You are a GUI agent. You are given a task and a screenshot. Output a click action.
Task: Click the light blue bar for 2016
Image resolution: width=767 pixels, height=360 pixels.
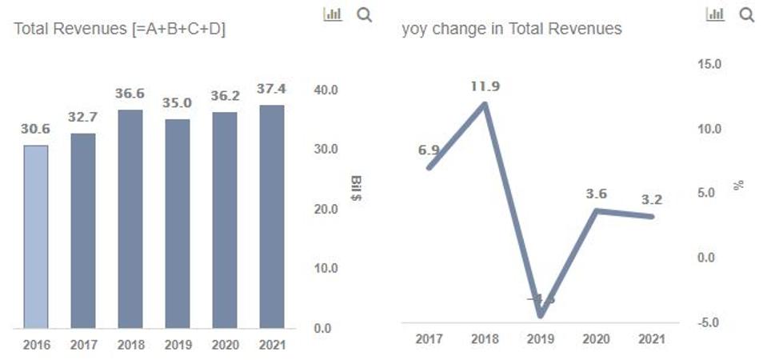(x=36, y=236)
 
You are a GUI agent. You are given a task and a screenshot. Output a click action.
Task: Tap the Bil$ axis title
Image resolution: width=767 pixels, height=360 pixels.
(x=356, y=186)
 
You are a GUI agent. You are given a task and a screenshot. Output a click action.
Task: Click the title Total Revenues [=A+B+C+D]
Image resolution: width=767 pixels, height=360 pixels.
(x=120, y=30)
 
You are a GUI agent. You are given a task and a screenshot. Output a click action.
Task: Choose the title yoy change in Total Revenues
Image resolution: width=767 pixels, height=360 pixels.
(x=512, y=30)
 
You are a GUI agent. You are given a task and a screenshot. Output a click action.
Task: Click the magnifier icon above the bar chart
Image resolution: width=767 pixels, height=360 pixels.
(x=364, y=14)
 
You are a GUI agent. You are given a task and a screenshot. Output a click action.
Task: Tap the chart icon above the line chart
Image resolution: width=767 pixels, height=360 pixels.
(x=715, y=14)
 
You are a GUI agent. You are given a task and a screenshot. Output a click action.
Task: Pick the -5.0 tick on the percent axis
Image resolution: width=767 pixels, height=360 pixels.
(x=709, y=322)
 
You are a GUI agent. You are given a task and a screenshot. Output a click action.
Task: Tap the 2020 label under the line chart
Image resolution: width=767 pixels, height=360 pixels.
(x=595, y=339)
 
